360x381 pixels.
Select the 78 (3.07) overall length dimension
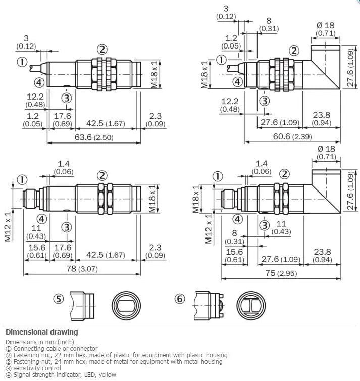pyautogui.click(x=82, y=269)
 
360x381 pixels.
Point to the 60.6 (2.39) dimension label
pyautogui.click(x=292, y=136)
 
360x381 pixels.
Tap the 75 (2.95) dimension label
pyautogui.click(x=281, y=273)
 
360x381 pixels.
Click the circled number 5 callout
pyautogui.click(x=59, y=299)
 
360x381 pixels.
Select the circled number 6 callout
pyautogui.click(x=180, y=299)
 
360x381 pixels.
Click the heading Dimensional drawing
pyautogui.click(x=42, y=332)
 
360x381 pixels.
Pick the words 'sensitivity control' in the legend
pyautogui.click(x=37, y=368)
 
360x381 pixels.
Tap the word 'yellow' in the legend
pyautogui.click(x=107, y=375)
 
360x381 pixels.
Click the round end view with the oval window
pyautogui.click(x=126, y=305)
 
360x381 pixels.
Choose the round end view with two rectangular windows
pyautogui.click(x=251, y=305)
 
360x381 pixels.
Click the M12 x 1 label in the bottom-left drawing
pyautogui.click(x=8, y=227)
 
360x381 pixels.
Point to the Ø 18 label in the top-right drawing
pyautogui.click(x=326, y=25)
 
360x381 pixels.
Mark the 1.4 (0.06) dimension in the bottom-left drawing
pyautogui.click(x=63, y=168)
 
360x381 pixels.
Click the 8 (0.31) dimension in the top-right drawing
pyautogui.click(x=269, y=24)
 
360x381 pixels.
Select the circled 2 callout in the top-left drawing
pyautogui.click(x=102, y=50)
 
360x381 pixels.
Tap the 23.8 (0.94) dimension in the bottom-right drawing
pyautogui.click(x=322, y=255)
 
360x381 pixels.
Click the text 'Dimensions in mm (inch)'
pyautogui.click(x=40, y=342)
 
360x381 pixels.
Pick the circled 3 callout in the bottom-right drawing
pyautogui.click(x=265, y=225)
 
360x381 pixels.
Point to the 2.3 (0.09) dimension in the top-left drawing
pyautogui.click(x=156, y=120)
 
